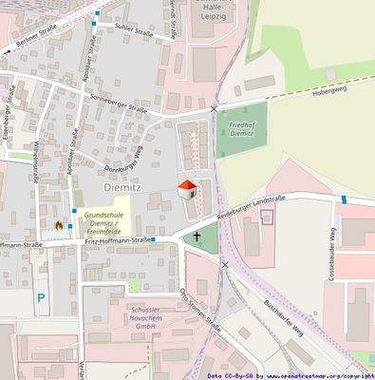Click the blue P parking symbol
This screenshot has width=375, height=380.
(41, 297)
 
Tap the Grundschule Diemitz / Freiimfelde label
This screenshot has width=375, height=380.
(102, 222)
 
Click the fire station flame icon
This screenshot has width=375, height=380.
(59, 225)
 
